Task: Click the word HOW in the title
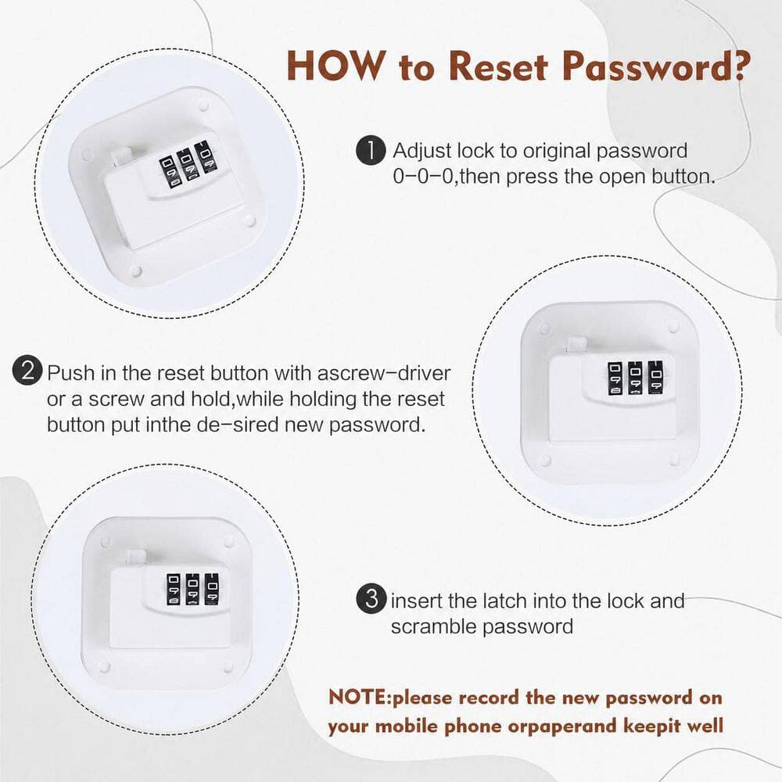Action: click(336, 66)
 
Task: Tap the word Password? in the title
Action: click(655, 66)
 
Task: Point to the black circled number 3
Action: click(371, 598)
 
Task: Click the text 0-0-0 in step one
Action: click(422, 177)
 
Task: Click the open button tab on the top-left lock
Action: click(120, 158)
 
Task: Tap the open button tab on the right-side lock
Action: click(576, 346)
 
